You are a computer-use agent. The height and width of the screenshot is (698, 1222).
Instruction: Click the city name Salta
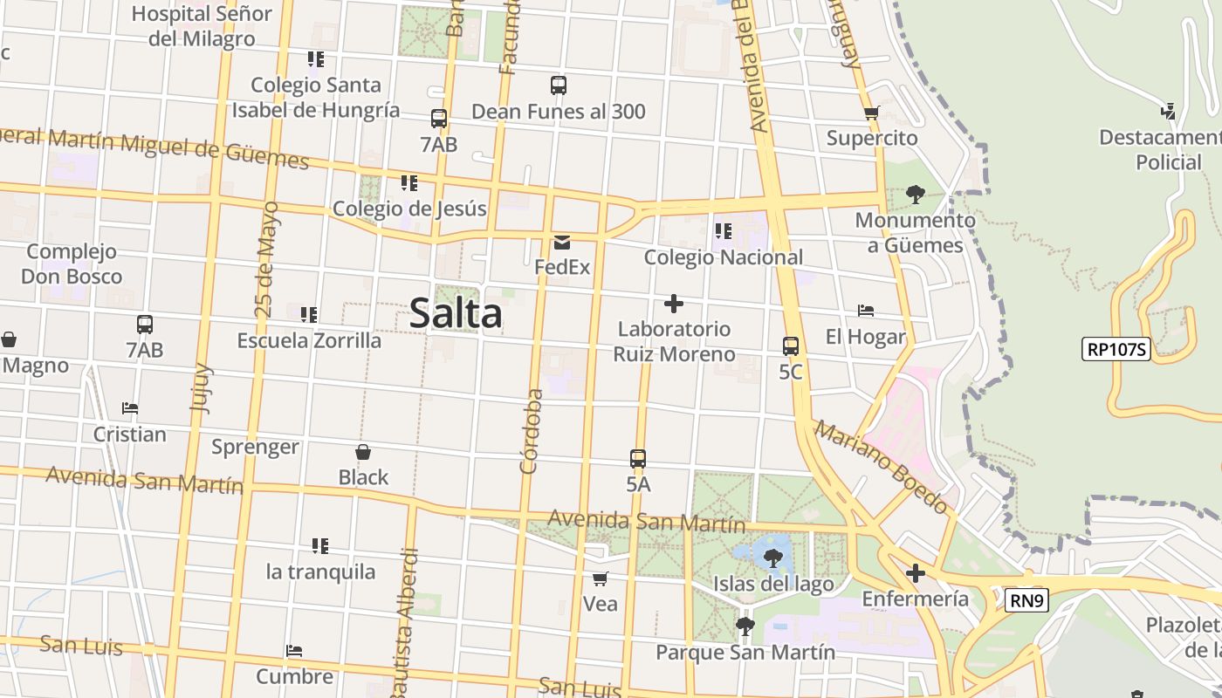456,313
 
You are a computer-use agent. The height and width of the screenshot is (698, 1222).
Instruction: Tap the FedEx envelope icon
562,242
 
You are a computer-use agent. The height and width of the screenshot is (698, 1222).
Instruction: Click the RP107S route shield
1116,350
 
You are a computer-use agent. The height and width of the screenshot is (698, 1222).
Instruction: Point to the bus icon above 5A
638,458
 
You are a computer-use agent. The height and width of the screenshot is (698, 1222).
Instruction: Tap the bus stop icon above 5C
791,346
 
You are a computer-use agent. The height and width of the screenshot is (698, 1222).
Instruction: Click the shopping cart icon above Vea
600,578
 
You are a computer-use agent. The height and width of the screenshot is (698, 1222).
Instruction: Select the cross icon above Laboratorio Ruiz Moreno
673,304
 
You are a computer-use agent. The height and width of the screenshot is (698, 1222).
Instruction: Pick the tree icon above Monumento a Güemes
915,195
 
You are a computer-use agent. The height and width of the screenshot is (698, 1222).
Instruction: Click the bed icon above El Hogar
866,311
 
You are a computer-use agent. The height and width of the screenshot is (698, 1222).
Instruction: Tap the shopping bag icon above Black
363,452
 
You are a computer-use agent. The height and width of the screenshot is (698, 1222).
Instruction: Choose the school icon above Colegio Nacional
723,231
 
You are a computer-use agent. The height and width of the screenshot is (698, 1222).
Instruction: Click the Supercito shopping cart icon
871,113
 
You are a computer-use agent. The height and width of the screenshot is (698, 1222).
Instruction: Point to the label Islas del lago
773,584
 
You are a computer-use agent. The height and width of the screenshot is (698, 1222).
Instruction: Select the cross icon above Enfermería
915,573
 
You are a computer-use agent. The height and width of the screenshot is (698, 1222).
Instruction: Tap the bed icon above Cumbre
294,651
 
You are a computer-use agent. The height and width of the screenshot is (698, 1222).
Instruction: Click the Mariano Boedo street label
882,467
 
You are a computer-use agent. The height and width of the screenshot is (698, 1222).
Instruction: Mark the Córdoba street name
532,431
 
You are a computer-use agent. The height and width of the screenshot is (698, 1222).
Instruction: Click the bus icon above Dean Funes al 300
559,86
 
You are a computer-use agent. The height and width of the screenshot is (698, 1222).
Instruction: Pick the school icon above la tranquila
320,546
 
